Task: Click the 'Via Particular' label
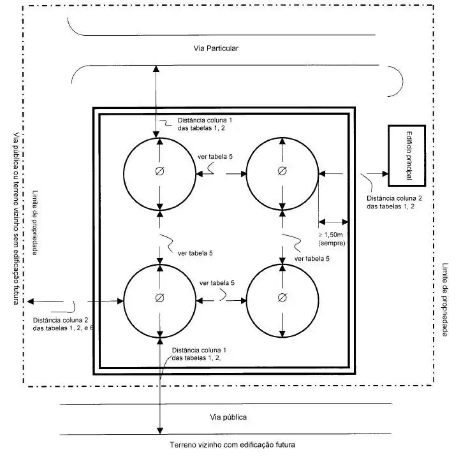pos(216,48)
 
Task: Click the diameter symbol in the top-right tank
pos(281,171)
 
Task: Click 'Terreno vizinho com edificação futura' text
pos(232,444)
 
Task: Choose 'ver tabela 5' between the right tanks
pos(312,259)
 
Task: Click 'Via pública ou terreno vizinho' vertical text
pos(15,217)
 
